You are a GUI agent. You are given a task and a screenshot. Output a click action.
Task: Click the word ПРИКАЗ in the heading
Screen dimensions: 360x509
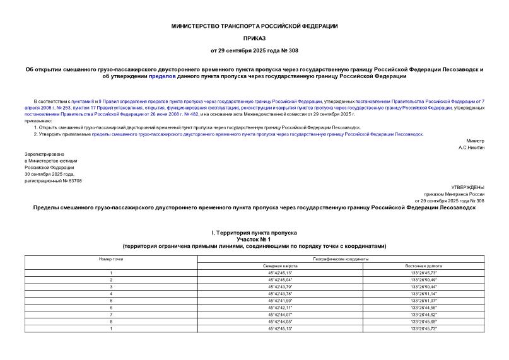point(255,38)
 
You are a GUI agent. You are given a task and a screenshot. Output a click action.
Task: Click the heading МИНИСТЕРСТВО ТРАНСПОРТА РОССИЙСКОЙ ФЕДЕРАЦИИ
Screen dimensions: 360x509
point(255,26)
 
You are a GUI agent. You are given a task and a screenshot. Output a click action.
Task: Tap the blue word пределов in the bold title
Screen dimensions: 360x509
point(163,76)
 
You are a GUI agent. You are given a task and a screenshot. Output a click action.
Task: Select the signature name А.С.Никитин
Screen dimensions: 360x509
point(471,147)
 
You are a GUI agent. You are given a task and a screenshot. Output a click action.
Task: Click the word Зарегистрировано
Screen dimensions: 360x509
point(45,154)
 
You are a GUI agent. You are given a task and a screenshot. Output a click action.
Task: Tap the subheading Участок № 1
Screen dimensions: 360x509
point(254,240)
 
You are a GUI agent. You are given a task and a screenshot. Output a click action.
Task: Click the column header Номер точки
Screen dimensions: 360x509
point(111,259)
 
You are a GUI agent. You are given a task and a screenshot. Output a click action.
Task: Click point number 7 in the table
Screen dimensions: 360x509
point(111,314)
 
